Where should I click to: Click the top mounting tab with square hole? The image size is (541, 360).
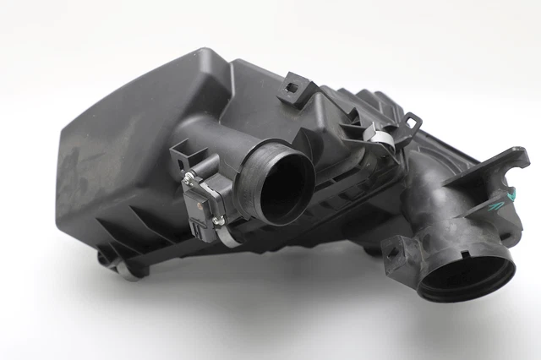point(296,85)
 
